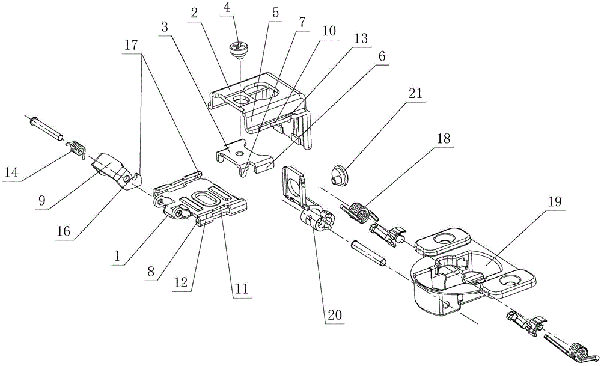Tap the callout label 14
click(x=11, y=173)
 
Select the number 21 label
click(x=415, y=94)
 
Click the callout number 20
click(x=334, y=315)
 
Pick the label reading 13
click(x=361, y=38)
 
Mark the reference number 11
click(x=242, y=288)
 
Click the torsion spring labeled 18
click(x=359, y=212)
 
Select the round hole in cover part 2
click(x=242, y=100)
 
